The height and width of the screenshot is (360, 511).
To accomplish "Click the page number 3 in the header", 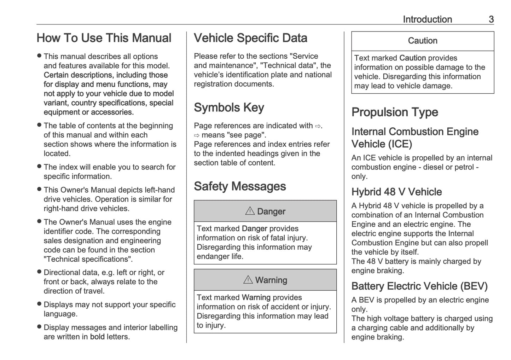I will click(491, 19).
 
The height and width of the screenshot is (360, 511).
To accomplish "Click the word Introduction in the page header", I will click(427, 19).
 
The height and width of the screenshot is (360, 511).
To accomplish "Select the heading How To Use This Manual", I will click(104, 38).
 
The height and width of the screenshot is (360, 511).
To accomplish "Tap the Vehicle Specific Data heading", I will click(250, 38).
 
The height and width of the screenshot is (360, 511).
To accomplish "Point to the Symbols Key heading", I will click(229, 108).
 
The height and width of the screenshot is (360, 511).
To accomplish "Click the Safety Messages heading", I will click(240, 186).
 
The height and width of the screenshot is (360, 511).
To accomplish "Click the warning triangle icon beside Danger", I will click(250, 211).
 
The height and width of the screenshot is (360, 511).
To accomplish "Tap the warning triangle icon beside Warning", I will click(248, 280).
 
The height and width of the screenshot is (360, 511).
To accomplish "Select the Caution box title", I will click(423, 41).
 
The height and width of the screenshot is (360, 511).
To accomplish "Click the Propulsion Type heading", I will click(395, 112).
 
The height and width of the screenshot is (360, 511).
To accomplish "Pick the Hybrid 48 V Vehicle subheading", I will click(396, 192).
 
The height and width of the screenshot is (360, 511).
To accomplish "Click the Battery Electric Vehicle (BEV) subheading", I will click(419, 286).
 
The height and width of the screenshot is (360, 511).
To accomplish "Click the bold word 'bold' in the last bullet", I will click(97, 337).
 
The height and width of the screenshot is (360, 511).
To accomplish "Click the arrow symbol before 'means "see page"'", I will click(197, 135).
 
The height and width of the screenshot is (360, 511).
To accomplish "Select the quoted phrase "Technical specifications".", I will click(88, 259).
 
